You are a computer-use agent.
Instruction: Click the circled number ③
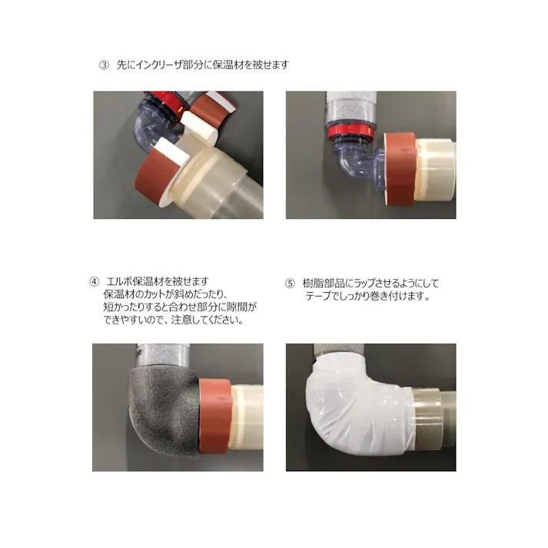105,65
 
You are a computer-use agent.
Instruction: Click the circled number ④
95,281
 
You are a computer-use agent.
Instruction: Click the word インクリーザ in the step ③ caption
162,65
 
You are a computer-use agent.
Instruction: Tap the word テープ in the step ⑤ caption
318,296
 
